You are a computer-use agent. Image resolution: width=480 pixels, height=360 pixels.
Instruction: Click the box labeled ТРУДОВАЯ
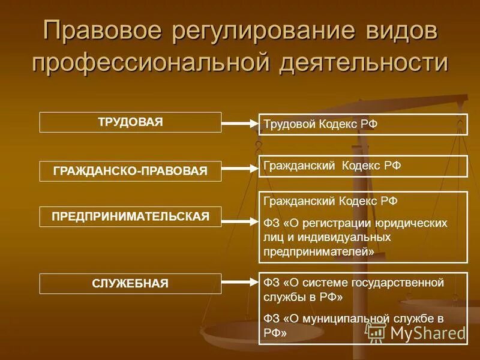coord(130,122)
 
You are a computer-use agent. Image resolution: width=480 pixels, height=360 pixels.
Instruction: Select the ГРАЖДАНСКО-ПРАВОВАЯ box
coord(130,171)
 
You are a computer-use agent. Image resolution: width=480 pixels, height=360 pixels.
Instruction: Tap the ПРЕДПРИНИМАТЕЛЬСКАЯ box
coord(130,217)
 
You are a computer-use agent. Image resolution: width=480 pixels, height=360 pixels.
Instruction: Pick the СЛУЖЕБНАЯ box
coord(130,283)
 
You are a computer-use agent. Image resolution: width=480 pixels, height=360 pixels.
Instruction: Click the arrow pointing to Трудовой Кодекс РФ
coord(239,125)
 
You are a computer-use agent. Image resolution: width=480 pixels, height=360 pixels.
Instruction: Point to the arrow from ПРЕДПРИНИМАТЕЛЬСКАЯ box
coord(239,221)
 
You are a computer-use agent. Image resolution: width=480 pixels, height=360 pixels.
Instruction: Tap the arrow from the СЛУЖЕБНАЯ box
coord(239,281)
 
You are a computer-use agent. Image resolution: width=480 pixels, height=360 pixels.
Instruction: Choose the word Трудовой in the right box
coord(287,125)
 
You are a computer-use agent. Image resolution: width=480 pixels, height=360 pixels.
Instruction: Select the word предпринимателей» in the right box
coord(319,252)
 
